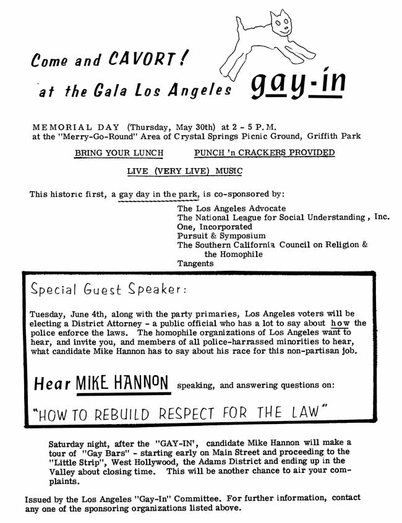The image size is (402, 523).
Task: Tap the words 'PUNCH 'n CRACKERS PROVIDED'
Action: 264,153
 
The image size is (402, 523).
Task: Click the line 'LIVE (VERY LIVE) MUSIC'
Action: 185,171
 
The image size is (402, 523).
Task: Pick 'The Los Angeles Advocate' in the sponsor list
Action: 232,208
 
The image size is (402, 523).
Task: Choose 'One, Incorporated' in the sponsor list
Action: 215,227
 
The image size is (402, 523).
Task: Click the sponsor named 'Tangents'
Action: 195,263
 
